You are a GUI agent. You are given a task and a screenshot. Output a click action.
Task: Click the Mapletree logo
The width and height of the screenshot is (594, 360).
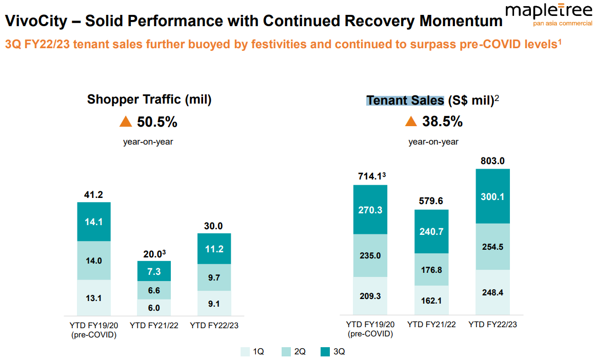click(548, 14)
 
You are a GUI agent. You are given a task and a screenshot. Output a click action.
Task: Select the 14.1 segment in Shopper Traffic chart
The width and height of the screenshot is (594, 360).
click(94, 222)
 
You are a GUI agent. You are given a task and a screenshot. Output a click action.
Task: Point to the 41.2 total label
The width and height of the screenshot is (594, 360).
click(94, 195)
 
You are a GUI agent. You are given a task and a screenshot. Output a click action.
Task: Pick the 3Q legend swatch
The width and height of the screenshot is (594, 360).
click(325, 352)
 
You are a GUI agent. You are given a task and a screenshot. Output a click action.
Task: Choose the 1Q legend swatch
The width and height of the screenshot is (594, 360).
click(245, 352)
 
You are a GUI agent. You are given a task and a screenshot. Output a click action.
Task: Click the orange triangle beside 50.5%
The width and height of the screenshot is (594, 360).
click(126, 122)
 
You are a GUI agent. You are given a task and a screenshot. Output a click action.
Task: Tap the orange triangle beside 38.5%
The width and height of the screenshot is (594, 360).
click(411, 122)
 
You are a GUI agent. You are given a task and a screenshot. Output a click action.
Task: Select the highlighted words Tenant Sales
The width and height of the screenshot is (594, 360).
click(405, 101)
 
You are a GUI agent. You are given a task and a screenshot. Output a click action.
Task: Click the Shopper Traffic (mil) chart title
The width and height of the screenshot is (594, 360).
click(149, 99)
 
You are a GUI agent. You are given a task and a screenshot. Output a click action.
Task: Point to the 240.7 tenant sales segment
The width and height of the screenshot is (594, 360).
click(431, 231)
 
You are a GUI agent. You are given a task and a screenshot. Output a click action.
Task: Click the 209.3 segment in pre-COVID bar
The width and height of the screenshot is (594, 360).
click(370, 295)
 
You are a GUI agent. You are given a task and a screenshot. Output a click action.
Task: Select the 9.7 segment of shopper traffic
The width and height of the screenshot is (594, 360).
click(214, 277)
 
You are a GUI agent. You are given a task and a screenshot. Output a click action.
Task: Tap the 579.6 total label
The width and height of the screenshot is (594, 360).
click(431, 201)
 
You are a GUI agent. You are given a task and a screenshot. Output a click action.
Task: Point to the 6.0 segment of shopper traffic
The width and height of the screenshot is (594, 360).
click(154, 308)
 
